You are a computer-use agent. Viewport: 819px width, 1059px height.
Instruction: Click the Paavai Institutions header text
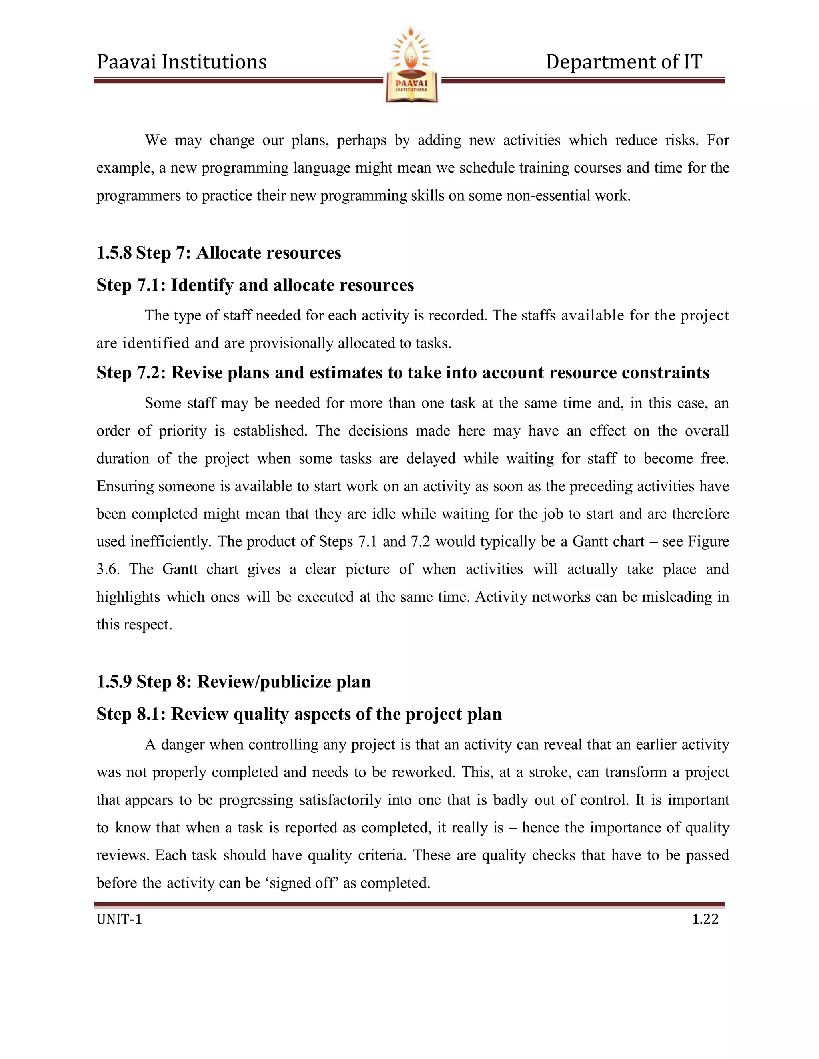(x=182, y=62)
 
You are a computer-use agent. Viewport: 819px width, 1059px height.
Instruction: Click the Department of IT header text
(x=623, y=62)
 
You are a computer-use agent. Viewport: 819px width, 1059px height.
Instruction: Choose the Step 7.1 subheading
(x=255, y=285)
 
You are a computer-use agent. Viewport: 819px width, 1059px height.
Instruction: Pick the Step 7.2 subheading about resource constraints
(x=403, y=372)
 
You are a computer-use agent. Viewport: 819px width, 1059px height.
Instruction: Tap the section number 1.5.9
(x=114, y=681)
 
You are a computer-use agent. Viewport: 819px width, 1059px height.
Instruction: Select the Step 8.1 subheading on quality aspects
(x=299, y=714)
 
